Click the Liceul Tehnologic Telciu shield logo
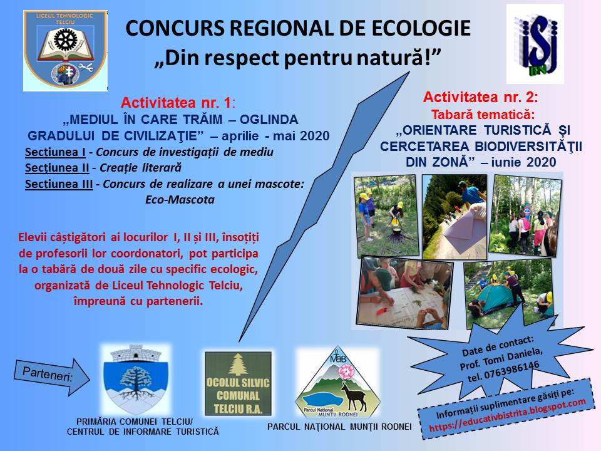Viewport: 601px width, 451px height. [x=65, y=51]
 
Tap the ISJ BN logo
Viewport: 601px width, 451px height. [x=535, y=44]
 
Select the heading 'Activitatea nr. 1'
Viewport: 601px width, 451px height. [x=177, y=103]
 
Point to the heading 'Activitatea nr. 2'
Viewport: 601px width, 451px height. [x=481, y=98]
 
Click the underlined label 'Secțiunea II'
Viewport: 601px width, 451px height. [x=57, y=168]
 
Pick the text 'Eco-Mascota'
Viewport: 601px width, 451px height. [x=180, y=199]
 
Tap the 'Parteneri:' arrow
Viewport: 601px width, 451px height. [x=52, y=376]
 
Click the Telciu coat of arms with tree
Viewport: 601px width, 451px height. [x=136, y=380]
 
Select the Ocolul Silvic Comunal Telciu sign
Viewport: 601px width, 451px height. [x=238, y=383]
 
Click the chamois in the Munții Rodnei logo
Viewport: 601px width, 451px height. [x=353, y=397]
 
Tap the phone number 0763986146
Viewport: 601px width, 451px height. [x=511, y=370]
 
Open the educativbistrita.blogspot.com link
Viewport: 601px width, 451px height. [x=507, y=415]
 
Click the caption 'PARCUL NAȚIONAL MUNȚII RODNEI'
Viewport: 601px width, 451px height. [x=339, y=427]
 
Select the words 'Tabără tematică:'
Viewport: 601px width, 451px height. [x=483, y=115]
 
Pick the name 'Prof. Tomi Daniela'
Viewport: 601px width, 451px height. [x=501, y=358]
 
